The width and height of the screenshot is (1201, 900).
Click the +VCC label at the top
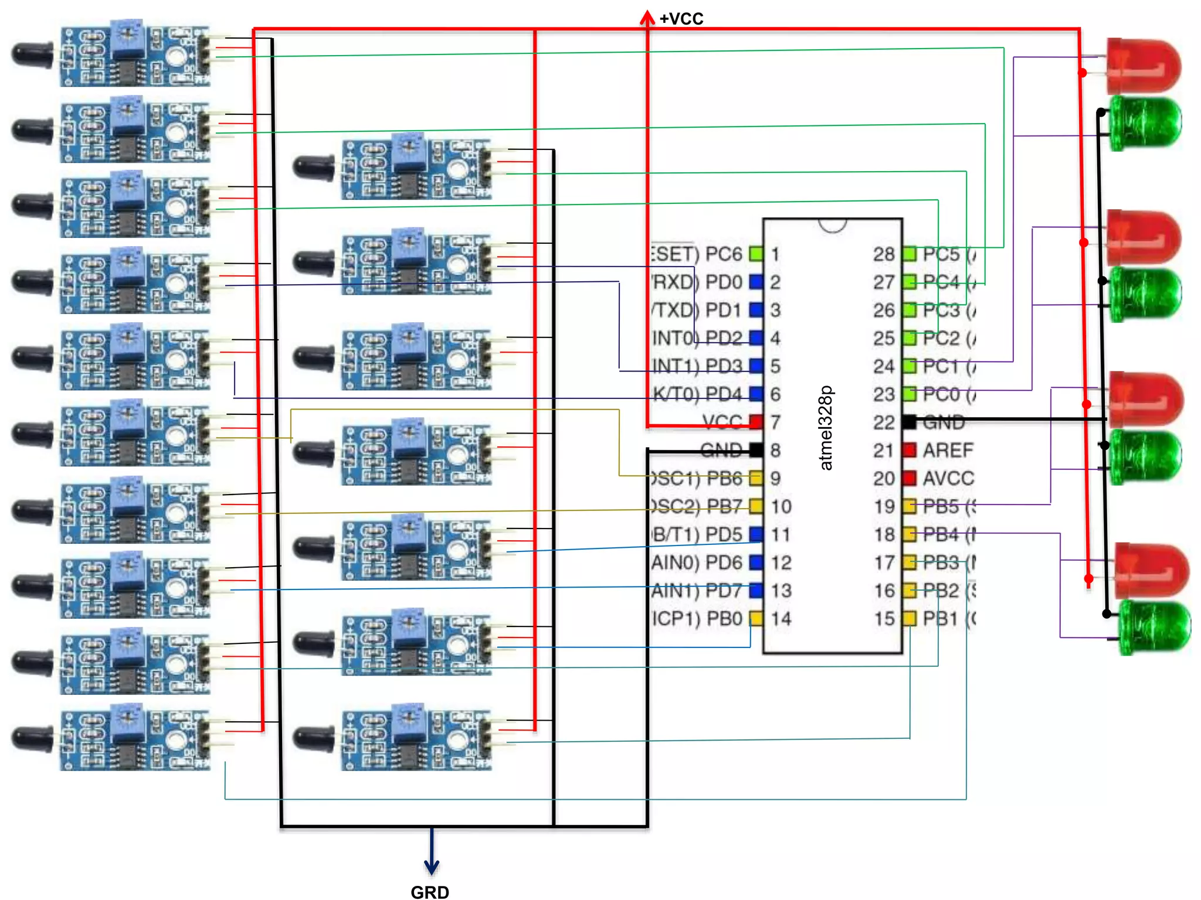(x=681, y=19)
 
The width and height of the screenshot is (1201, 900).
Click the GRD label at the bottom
(x=430, y=891)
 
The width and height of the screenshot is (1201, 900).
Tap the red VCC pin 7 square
(x=756, y=422)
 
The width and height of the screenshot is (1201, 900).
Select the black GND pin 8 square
(x=756, y=450)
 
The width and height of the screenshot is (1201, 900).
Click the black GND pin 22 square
(x=910, y=422)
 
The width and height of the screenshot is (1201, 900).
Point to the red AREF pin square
(x=910, y=450)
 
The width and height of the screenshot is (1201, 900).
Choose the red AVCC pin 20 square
(x=910, y=478)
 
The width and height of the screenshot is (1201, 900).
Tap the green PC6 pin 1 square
(x=756, y=254)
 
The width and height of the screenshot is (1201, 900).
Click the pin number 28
(x=884, y=254)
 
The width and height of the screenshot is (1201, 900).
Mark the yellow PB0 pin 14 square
(x=756, y=618)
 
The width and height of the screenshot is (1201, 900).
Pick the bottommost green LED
(x=1154, y=626)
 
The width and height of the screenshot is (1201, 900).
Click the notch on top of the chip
(x=833, y=225)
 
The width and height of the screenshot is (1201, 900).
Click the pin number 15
(x=884, y=618)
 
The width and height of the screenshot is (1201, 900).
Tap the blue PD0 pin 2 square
(x=756, y=282)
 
